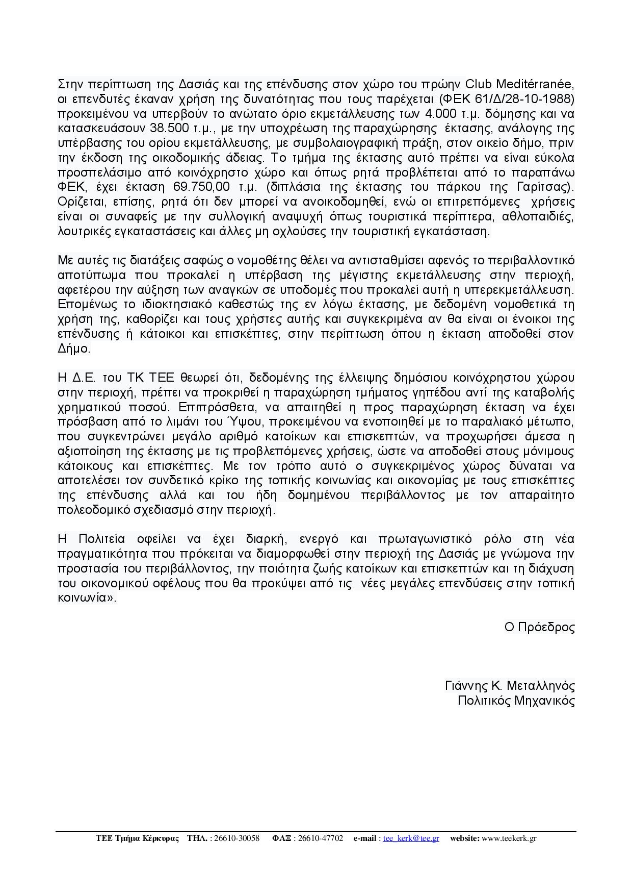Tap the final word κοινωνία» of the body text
(87, 599)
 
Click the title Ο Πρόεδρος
(539, 628)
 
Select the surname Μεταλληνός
(541, 686)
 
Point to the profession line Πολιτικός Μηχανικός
(516, 701)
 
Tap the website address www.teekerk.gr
(509, 838)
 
